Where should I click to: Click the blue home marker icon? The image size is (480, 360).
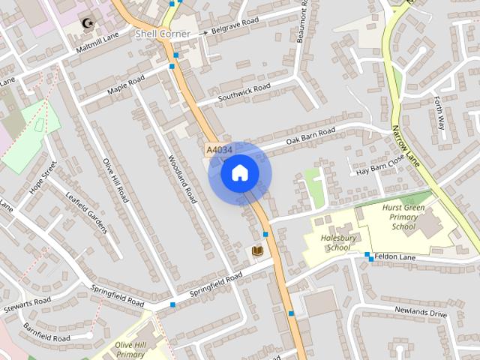pos(240,174)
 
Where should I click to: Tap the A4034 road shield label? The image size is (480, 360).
pos(218,151)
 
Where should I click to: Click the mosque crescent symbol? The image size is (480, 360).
pos(88,22)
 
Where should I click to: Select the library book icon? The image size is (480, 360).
pos(258,250)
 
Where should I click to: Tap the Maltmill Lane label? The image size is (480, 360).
pos(97,43)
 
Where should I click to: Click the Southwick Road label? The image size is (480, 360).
pos(244,93)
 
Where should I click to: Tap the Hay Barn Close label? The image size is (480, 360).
pos(381,163)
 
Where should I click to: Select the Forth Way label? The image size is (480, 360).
pos(440,113)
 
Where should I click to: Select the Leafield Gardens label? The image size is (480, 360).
pos(87,213)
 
